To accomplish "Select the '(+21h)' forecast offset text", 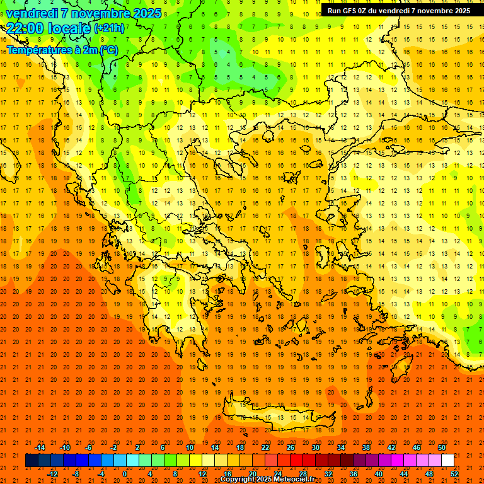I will (108, 28).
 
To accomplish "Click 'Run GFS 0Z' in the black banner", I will (349, 11).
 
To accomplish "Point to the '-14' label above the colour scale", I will (40, 447).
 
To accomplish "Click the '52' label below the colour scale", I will (454, 473).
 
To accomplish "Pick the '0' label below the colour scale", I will (125, 473).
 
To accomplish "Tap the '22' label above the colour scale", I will (265, 447).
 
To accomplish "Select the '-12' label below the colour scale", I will (52, 473).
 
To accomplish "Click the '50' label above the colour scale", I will (441, 447).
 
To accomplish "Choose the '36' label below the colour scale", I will (354, 473).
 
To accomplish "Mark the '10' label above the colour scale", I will (190, 447).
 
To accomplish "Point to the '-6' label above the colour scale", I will (89, 447).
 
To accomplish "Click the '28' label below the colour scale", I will (303, 473).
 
